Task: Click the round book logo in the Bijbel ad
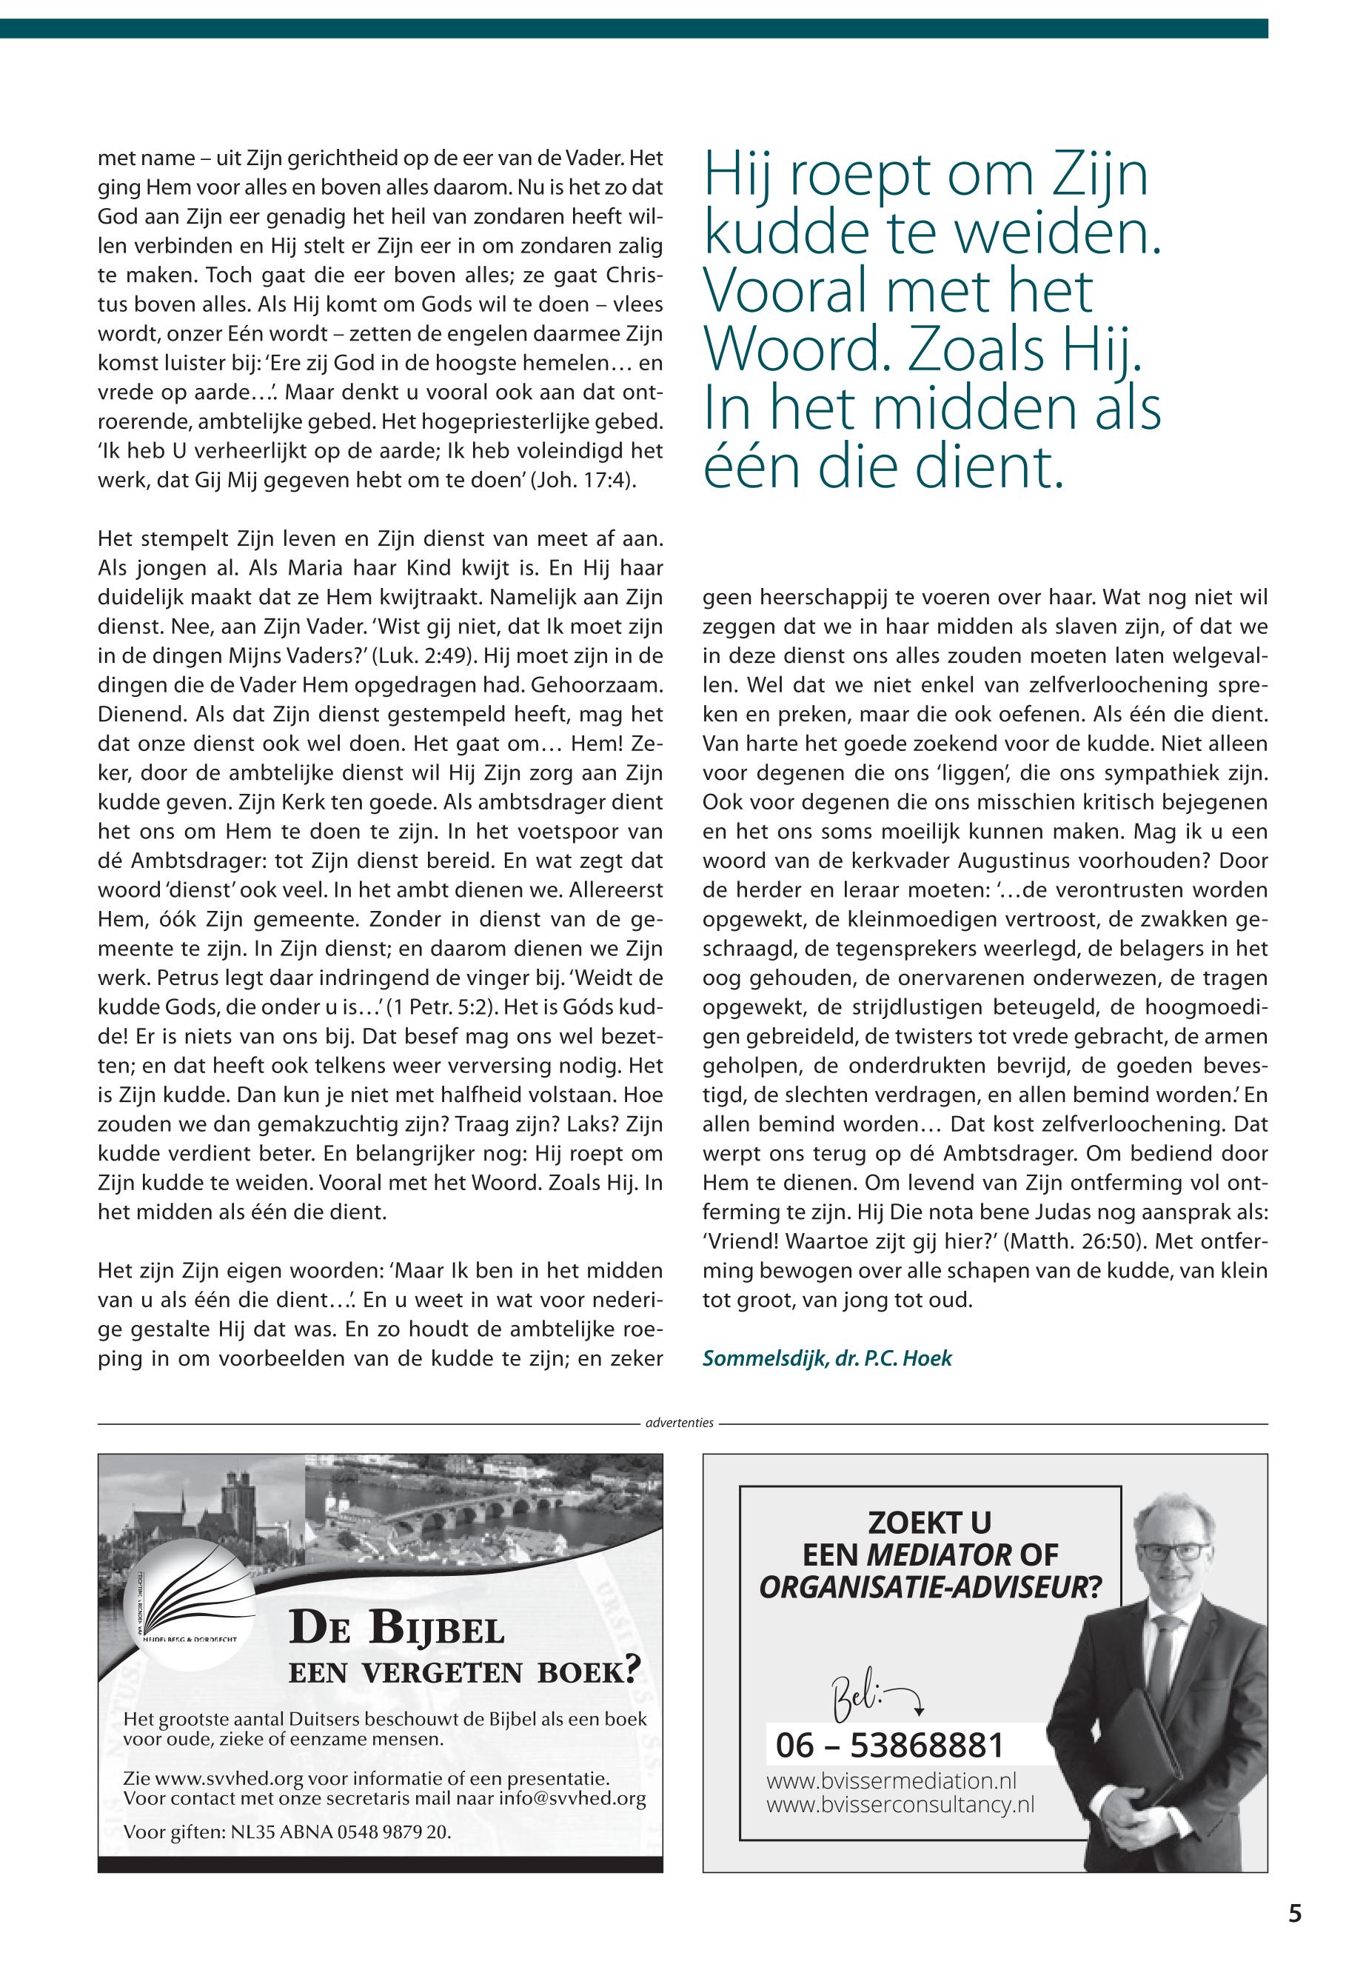pyautogui.click(x=191, y=1595)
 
